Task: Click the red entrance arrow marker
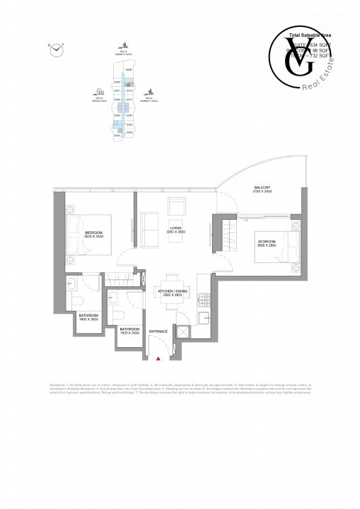[x=159, y=360]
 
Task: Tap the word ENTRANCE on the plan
[x=159, y=332]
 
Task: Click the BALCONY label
[x=262, y=189]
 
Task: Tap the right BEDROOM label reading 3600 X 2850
[x=268, y=245]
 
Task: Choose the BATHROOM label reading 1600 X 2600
[x=88, y=316]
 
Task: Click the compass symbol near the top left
[x=56, y=48]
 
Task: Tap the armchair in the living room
[x=176, y=207]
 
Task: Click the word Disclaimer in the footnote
[x=59, y=384]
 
